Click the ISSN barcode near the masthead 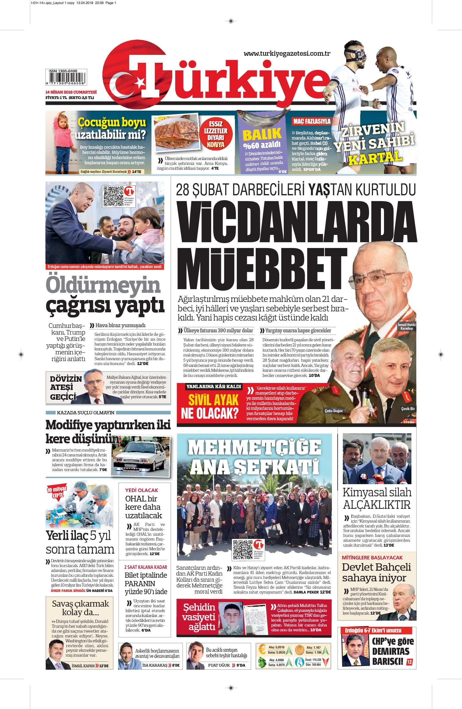66,77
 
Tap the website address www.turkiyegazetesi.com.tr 287,54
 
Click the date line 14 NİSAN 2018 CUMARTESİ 71,92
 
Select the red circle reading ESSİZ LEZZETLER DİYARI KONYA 215,134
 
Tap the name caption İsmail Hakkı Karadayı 407,326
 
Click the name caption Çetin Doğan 333,411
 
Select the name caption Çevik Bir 408,409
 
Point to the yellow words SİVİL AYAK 213,400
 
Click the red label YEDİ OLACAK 141,490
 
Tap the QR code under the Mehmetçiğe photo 243,549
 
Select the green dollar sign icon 262,662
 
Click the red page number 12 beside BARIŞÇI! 409,662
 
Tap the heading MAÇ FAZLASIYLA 312,121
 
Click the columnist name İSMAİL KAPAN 83,666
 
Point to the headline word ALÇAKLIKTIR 377,505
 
